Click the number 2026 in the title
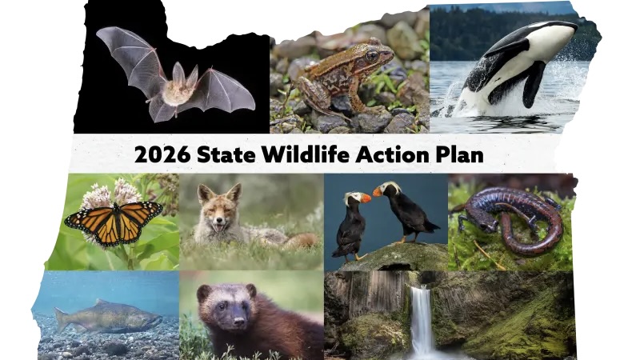[x=162, y=154]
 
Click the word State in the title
[x=226, y=154]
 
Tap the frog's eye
[x=372, y=56]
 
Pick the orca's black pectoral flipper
[x=533, y=84]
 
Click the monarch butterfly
[x=114, y=222]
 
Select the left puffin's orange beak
[x=365, y=198]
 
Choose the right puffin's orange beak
[x=378, y=191]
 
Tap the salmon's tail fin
[x=62, y=319]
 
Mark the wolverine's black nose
[x=238, y=322]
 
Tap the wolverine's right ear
[x=251, y=290]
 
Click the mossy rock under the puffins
[x=394, y=257]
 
